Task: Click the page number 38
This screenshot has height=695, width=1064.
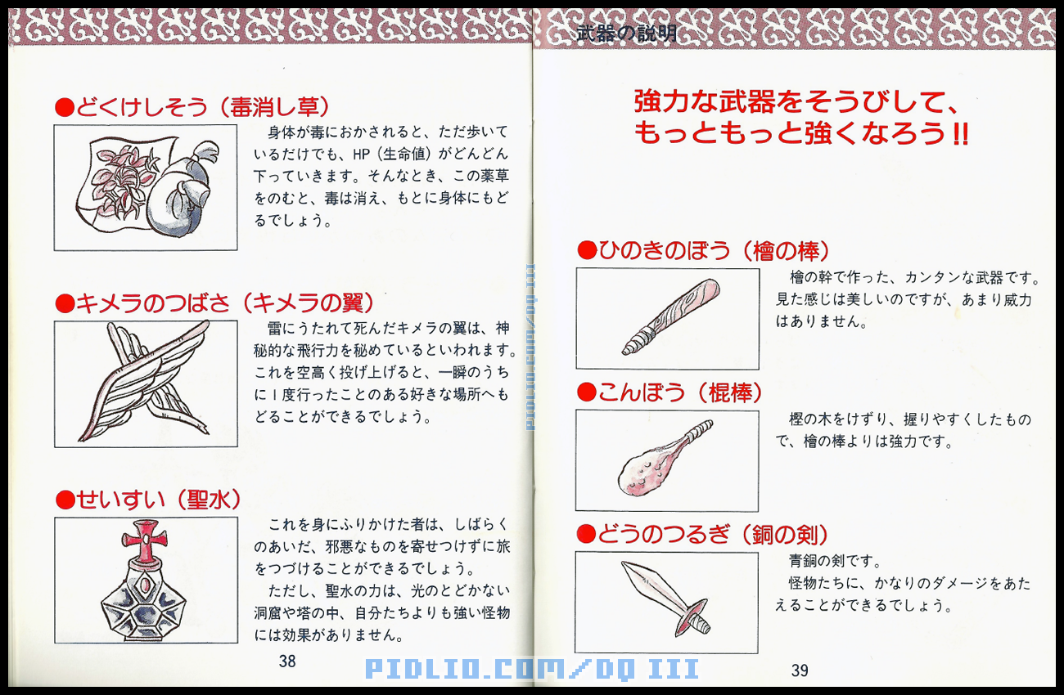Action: click(x=287, y=661)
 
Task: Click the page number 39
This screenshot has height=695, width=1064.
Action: click(x=800, y=670)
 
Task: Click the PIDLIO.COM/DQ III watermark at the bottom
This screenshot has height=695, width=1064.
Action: click(x=532, y=670)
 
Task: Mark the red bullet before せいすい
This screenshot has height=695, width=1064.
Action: click(x=65, y=500)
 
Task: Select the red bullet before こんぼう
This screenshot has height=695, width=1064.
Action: click(x=586, y=393)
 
